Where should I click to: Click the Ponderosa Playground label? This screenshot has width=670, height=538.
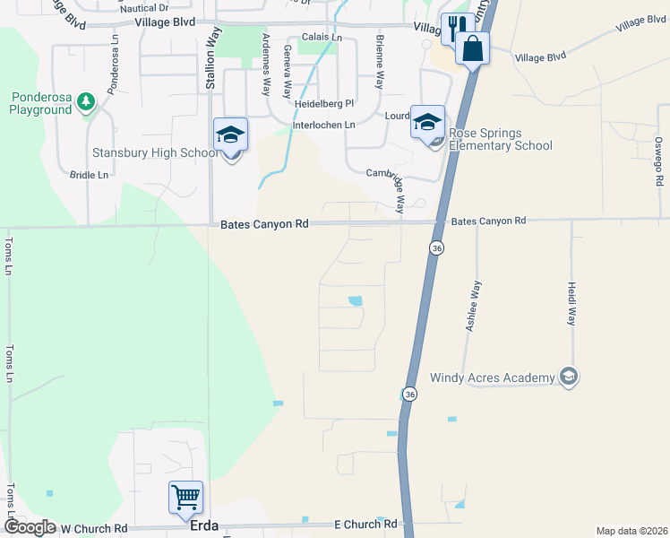point(40,103)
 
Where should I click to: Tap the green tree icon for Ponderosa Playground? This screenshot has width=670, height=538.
point(86,101)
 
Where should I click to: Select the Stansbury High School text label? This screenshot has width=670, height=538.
point(155,152)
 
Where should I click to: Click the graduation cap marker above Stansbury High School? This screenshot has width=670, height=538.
point(230,135)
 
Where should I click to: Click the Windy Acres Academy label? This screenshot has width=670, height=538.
point(493,377)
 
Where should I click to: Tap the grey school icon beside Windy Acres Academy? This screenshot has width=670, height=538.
point(567,377)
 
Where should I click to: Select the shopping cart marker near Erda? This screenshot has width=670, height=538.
point(185,496)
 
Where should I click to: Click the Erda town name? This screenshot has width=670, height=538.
point(205,528)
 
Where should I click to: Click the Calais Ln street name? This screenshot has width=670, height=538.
point(322,37)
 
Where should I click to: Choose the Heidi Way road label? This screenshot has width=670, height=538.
point(571,304)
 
